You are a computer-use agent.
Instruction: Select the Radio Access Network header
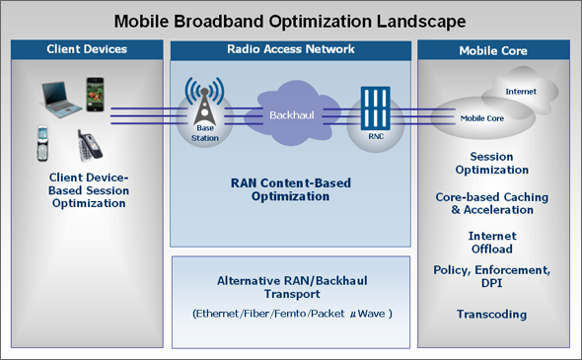tap(290, 48)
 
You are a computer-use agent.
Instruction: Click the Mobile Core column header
tap(492, 48)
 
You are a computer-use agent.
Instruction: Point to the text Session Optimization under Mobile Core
tap(491, 163)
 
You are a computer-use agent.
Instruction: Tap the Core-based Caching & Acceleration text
tap(491, 203)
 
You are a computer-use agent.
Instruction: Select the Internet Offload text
tap(491, 243)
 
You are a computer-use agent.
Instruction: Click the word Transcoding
tap(491, 315)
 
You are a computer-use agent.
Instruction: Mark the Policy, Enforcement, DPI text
tap(491, 277)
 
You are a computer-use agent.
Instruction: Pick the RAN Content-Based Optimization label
tap(290, 189)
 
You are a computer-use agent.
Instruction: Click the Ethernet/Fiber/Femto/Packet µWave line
tap(290, 314)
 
